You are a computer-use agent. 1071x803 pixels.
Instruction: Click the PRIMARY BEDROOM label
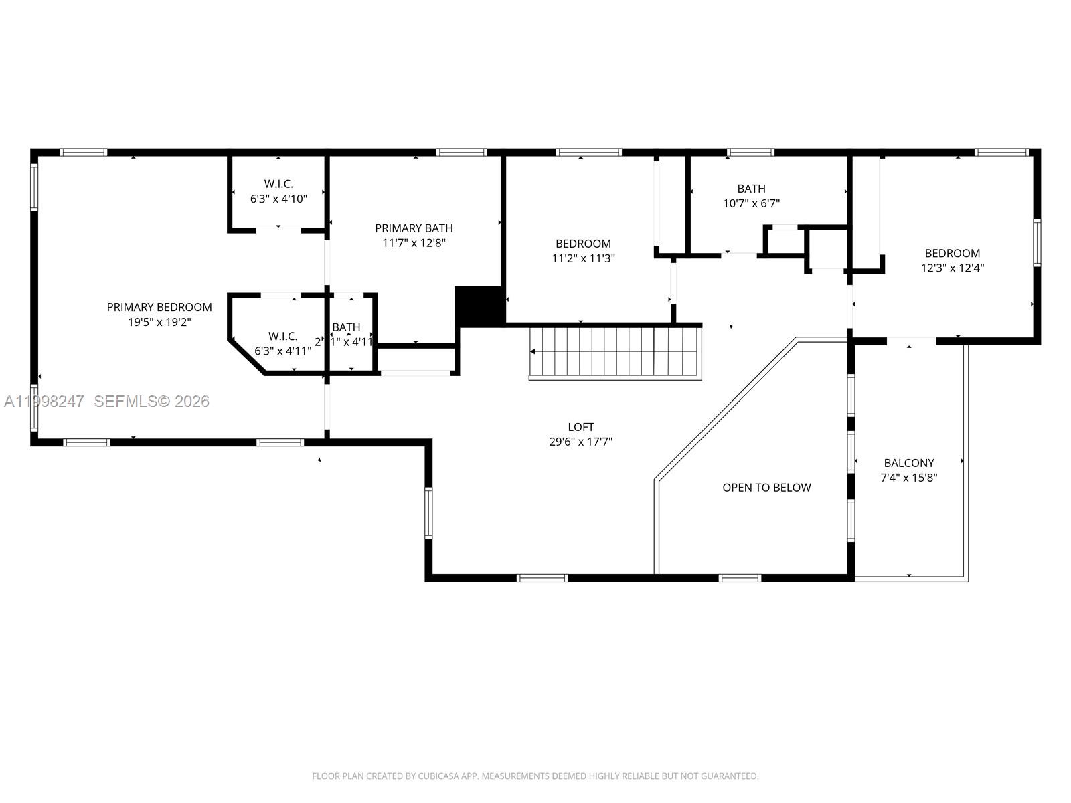pos(159,307)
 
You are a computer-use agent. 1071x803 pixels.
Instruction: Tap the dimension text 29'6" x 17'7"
pos(580,442)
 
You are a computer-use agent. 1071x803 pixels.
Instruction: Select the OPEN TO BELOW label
pos(766,488)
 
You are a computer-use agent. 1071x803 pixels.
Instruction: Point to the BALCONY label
pos(908,463)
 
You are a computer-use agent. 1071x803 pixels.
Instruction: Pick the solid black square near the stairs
pos(479,306)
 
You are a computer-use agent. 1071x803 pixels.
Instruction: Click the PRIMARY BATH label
pos(414,228)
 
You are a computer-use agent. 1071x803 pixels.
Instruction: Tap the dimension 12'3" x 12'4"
pos(952,268)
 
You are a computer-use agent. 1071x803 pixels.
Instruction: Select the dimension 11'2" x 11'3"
pos(582,258)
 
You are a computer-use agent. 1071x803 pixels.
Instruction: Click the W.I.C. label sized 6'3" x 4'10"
pos(278,184)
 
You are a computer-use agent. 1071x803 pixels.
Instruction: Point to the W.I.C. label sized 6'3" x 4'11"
pos(282,337)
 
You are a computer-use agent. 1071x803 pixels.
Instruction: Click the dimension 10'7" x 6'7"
pos(751,203)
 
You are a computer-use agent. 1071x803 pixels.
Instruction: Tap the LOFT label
pos(580,427)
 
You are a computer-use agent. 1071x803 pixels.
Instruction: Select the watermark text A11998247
pos(44,401)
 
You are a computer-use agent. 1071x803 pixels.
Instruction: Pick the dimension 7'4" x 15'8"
pos(908,478)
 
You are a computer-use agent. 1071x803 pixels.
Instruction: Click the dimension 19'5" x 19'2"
pos(159,322)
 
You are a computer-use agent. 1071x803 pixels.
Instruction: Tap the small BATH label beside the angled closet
pos(346,327)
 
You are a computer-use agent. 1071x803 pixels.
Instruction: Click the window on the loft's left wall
pos(428,513)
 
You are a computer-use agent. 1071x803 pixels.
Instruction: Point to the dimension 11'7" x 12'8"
pos(414,243)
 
